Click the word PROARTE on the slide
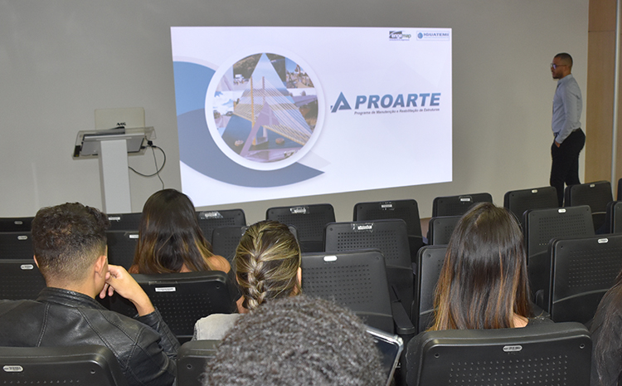click(x=397, y=100)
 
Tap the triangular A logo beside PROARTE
click(x=341, y=103)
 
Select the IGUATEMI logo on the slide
click(x=433, y=35)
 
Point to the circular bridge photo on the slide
click(x=265, y=108)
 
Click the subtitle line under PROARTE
click(x=396, y=113)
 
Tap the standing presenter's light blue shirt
click(x=567, y=108)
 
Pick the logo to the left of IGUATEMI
click(x=401, y=35)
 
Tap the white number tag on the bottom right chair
click(x=513, y=348)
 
